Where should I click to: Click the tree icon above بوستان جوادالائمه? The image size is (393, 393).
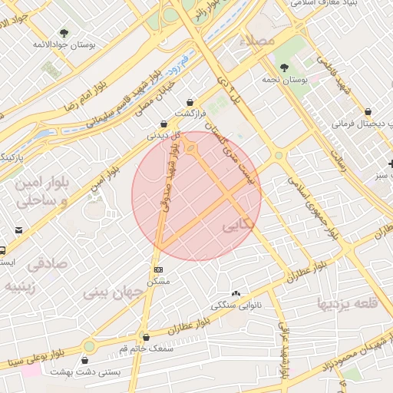(x=64, y=33)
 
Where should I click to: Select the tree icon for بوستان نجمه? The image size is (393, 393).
(x=284, y=68)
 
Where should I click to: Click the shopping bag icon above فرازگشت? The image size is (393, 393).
(x=190, y=103)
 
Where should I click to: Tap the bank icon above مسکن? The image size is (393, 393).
(x=159, y=269)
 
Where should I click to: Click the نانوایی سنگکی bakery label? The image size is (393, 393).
(x=235, y=305)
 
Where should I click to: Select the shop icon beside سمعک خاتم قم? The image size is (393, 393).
(x=146, y=337)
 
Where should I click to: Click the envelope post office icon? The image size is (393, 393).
(x=18, y=230)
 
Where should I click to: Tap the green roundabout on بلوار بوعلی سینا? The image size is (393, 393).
(x=90, y=346)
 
